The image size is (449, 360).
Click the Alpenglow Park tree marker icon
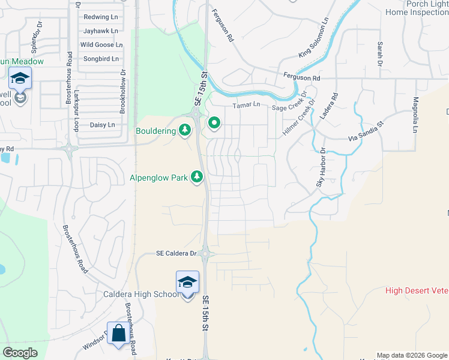click(x=196, y=176)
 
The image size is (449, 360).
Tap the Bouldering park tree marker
click(x=185, y=130)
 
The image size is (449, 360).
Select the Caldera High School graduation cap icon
click(x=187, y=281)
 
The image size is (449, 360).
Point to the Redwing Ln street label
click(x=101, y=17)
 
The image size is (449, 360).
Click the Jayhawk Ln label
click(x=100, y=31)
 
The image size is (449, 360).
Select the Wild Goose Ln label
click(x=101, y=44)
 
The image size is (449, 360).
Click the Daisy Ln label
click(x=101, y=125)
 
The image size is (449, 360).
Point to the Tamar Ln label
click(x=246, y=105)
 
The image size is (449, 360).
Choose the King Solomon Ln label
click(x=315, y=38)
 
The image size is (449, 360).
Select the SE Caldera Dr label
click(x=176, y=253)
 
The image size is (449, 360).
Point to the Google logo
click(x=20, y=352)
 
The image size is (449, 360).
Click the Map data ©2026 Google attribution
click(x=411, y=355)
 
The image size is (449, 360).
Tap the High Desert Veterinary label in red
click(x=417, y=291)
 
